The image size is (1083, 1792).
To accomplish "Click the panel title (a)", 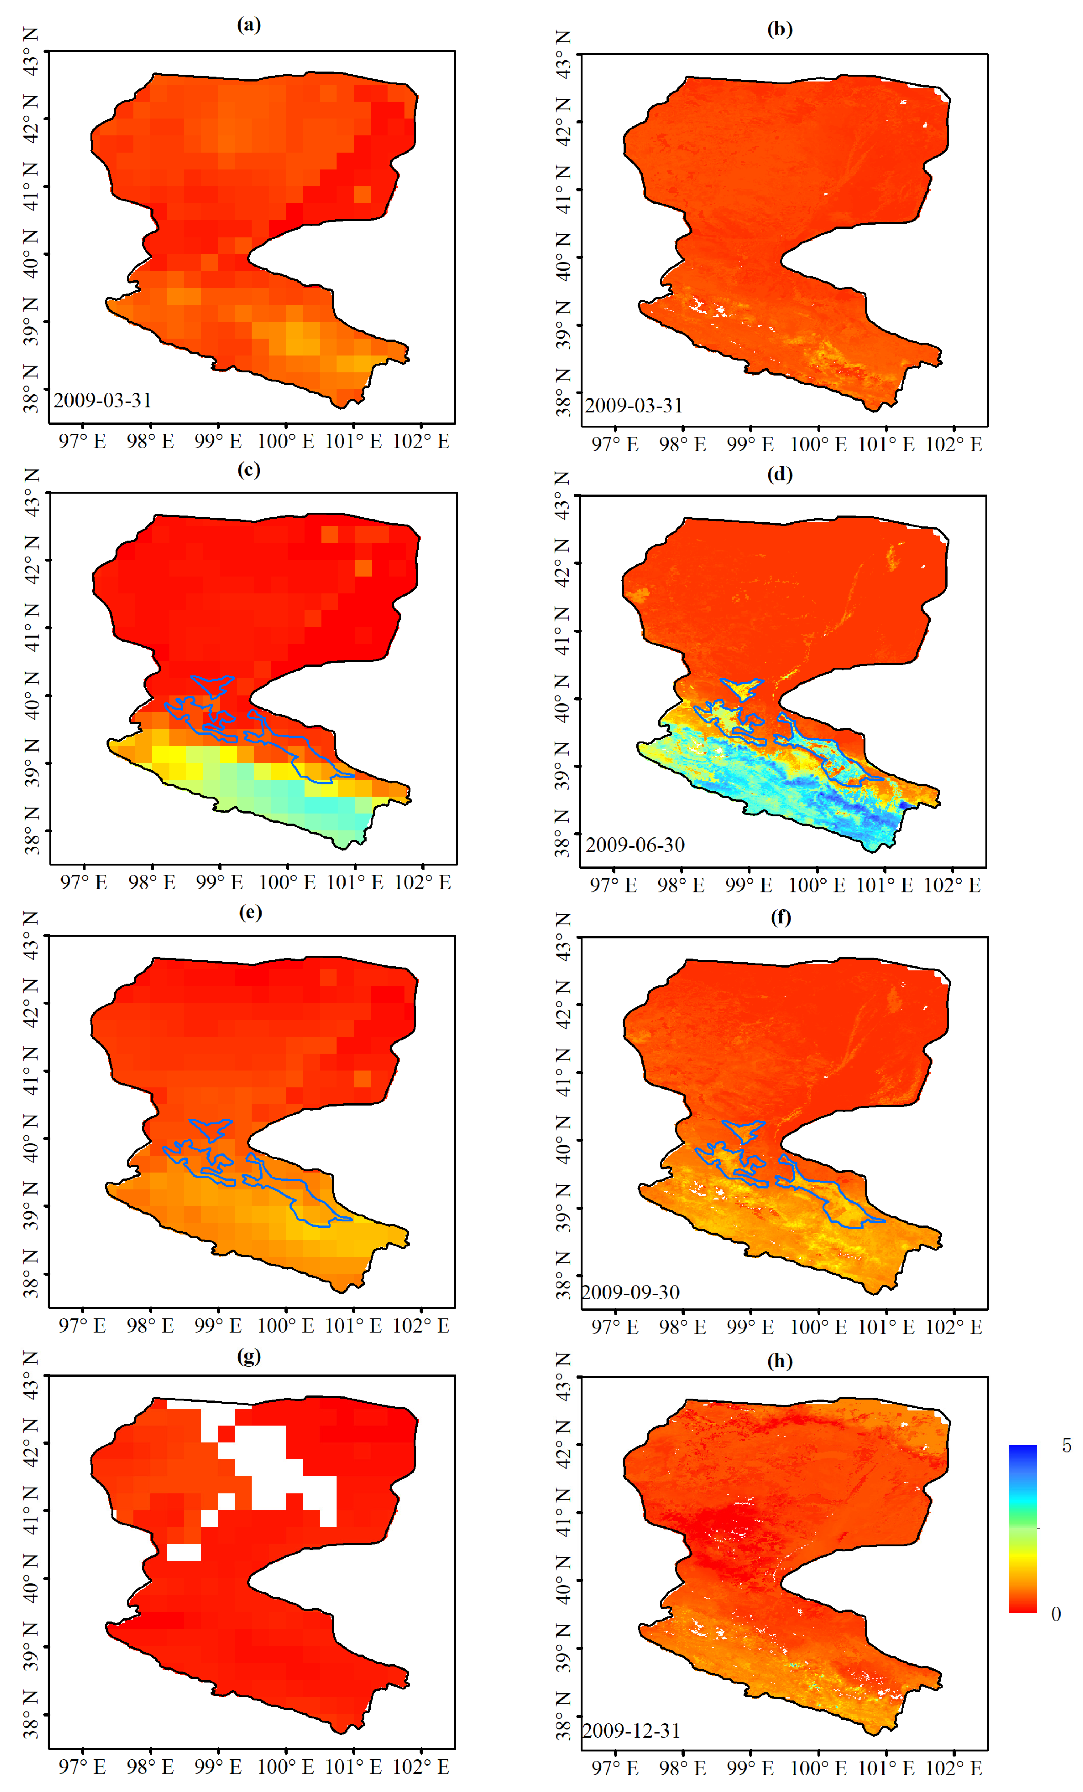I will pos(249,25).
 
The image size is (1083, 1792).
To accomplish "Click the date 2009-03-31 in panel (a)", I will pos(103,400).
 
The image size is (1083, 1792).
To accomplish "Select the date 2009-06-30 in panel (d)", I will pos(635,844).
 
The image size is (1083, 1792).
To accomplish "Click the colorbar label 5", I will pos(1066,1445).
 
